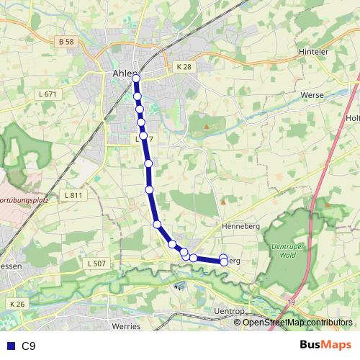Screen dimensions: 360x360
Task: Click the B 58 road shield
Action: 66,42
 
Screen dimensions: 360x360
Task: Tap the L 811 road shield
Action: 73,195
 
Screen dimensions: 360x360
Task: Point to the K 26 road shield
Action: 17,305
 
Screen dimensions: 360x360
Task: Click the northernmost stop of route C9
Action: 135,77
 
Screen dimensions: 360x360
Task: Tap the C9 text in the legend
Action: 29,346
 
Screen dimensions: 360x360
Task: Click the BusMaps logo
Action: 326,345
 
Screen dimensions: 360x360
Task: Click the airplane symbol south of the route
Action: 179,285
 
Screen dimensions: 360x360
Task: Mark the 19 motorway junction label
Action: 290,302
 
